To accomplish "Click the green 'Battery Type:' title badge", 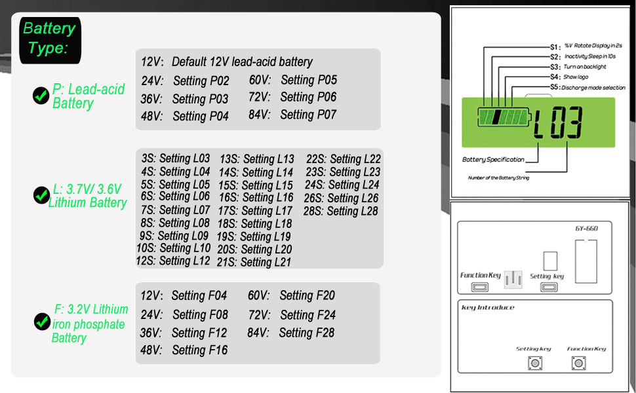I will [50, 39].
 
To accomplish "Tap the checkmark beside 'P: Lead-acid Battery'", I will [41, 96].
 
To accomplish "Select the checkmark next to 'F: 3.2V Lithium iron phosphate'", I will [41, 322].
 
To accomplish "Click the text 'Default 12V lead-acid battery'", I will [242, 62].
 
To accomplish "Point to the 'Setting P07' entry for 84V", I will [308, 115].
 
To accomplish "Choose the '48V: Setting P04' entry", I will [185, 116].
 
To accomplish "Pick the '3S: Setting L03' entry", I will [175, 159].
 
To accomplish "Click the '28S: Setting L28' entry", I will [340, 211].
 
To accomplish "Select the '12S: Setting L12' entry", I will [172, 261].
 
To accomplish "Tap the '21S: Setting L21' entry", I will [254, 262].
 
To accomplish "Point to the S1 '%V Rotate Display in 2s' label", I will [593, 47].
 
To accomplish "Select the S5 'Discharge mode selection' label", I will [593, 87].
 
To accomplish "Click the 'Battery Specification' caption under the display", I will [493, 159].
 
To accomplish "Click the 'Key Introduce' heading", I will [488, 307].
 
